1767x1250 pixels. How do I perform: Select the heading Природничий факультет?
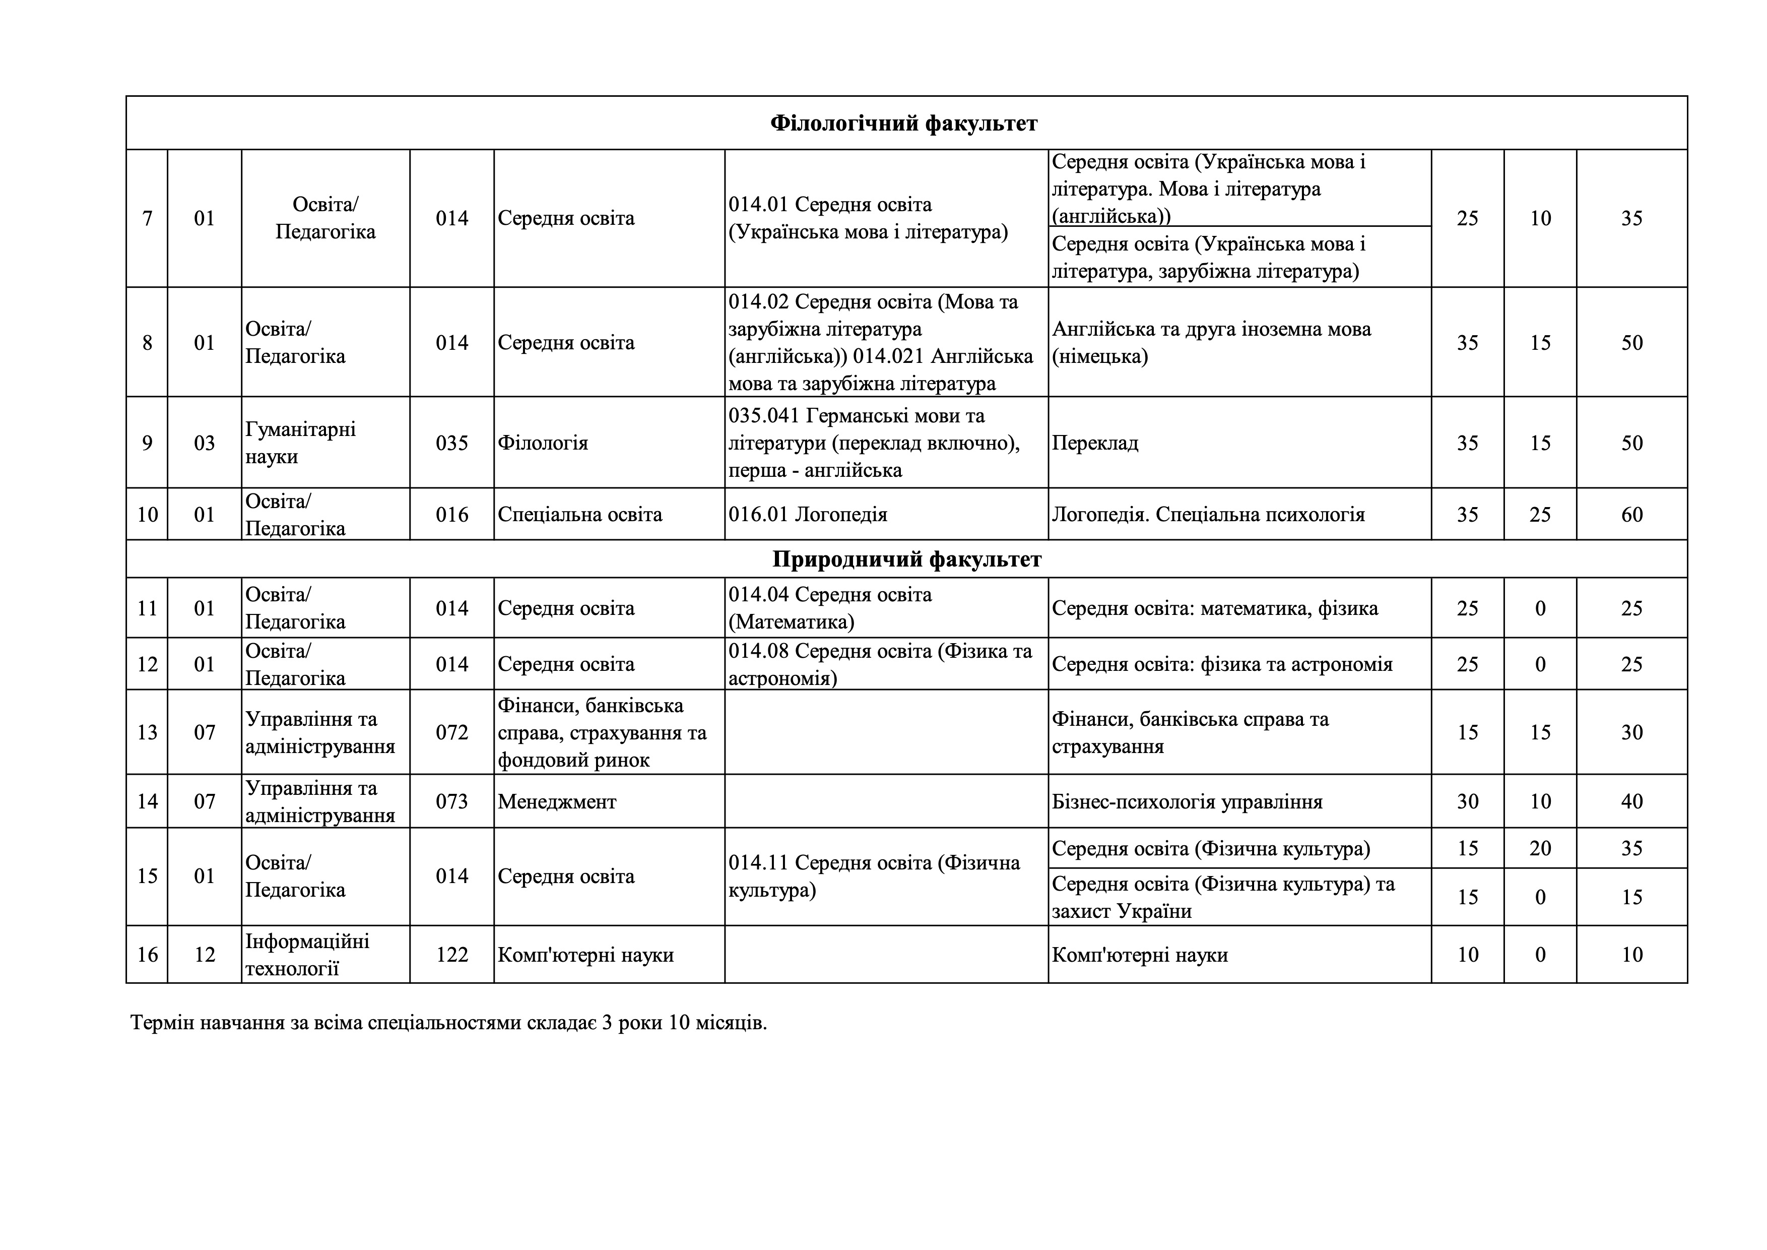coord(906,559)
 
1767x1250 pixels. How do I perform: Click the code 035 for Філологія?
coord(452,443)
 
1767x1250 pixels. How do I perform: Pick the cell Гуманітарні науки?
coord(301,443)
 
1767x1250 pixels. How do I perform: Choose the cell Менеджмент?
coord(557,801)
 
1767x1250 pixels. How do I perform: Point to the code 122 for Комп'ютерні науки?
coord(452,955)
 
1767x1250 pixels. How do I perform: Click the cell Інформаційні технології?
coord(307,955)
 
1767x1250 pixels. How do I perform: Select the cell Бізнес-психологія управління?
coord(1187,801)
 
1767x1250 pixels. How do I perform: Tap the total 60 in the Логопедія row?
coord(1631,514)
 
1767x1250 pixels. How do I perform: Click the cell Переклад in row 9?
coord(1095,443)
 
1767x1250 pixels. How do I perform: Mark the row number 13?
coord(147,732)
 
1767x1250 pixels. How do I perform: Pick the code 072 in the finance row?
coord(452,732)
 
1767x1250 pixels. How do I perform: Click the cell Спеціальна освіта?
coord(579,514)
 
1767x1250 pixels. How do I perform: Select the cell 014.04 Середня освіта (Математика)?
coord(830,608)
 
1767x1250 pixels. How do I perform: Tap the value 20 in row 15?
coord(1540,848)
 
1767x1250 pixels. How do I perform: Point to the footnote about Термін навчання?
coord(448,1023)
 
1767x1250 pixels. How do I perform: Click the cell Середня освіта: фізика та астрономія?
coord(1222,663)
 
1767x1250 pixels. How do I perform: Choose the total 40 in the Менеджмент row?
coord(1631,801)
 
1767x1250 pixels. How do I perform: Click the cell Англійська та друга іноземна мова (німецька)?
coord(1211,343)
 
